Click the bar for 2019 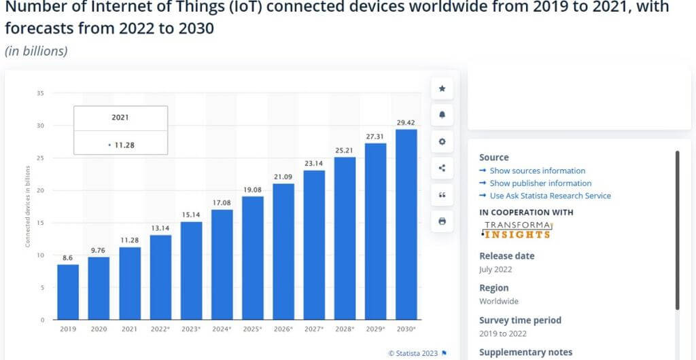click(68, 292)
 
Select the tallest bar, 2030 click(406, 224)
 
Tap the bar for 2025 click(253, 258)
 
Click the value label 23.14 click(314, 164)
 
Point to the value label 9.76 click(99, 250)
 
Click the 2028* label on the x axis click(345, 329)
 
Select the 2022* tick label click(160, 329)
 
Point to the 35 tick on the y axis click(41, 93)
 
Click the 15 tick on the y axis click(41, 223)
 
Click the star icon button click(442, 88)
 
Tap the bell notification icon click(442, 115)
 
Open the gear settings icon click(442, 141)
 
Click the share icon click(442, 168)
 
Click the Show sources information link click(537, 171)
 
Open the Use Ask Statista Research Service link click(550, 196)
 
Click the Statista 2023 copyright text click(413, 353)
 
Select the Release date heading click(506, 256)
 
